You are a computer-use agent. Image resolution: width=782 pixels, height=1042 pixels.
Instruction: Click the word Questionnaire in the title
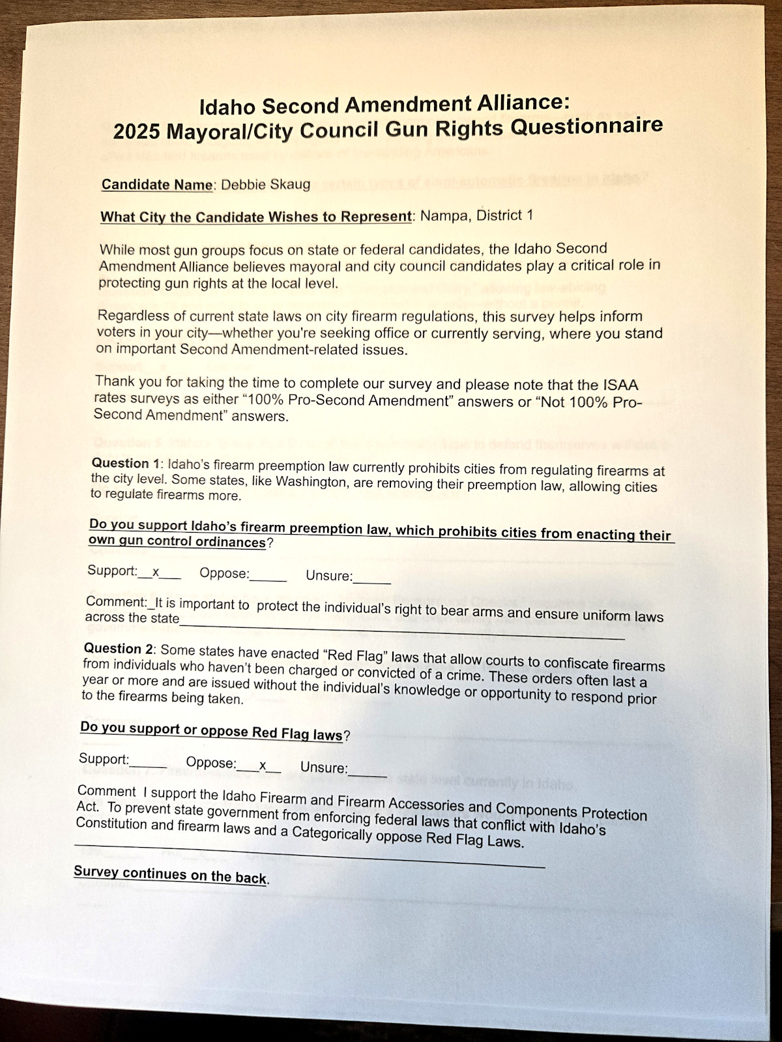pyautogui.click(x=586, y=125)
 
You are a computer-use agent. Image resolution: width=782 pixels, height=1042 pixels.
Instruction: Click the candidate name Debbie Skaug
pyautogui.click(x=266, y=184)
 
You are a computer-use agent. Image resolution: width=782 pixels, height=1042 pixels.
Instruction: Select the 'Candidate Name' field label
pyautogui.click(x=157, y=184)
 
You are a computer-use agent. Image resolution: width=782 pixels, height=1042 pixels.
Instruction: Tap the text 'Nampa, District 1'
pyautogui.click(x=476, y=215)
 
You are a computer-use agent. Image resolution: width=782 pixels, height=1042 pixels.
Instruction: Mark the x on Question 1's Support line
pyautogui.click(x=156, y=572)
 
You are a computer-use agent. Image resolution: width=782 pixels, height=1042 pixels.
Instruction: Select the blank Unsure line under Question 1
pyautogui.click(x=372, y=580)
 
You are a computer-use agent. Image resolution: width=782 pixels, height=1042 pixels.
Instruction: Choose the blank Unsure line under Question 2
pyautogui.click(x=368, y=772)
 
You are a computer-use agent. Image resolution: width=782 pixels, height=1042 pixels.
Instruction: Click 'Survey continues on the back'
pyautogui.click(x=170, y=875)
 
